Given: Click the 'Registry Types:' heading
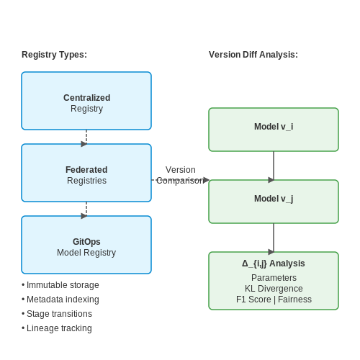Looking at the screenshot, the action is coord(54,55).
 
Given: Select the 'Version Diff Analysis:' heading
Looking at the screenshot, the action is coord(253,55).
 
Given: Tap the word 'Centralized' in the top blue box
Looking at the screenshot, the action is coord(86,98).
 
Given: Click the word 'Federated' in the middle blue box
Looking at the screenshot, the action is coord(86,170).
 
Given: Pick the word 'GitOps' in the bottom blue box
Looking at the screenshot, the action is coord(86,242).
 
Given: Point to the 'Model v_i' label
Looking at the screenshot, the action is coord(274,127).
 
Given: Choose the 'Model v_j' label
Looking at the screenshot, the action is coord(274,199).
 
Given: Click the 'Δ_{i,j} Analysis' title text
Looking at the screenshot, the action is coord(274,264).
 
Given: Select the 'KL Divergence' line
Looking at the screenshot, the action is coord(274,289).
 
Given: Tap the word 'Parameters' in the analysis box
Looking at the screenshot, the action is coord(274,278).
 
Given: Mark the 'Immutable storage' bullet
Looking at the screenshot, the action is coord(60,285).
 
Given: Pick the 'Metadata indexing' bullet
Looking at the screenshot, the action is coord(60,300).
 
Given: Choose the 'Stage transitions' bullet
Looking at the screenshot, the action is coord(57,314).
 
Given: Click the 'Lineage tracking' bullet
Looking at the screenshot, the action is coord(57,328).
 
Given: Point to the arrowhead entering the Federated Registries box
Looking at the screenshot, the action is coord(84,144).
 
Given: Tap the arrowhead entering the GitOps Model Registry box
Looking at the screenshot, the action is coord(84,216).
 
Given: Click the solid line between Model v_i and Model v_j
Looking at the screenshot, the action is coord(274,166).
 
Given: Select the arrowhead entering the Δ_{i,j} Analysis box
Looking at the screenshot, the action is coord(271,252).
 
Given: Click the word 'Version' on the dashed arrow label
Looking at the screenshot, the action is coord(181,170).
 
